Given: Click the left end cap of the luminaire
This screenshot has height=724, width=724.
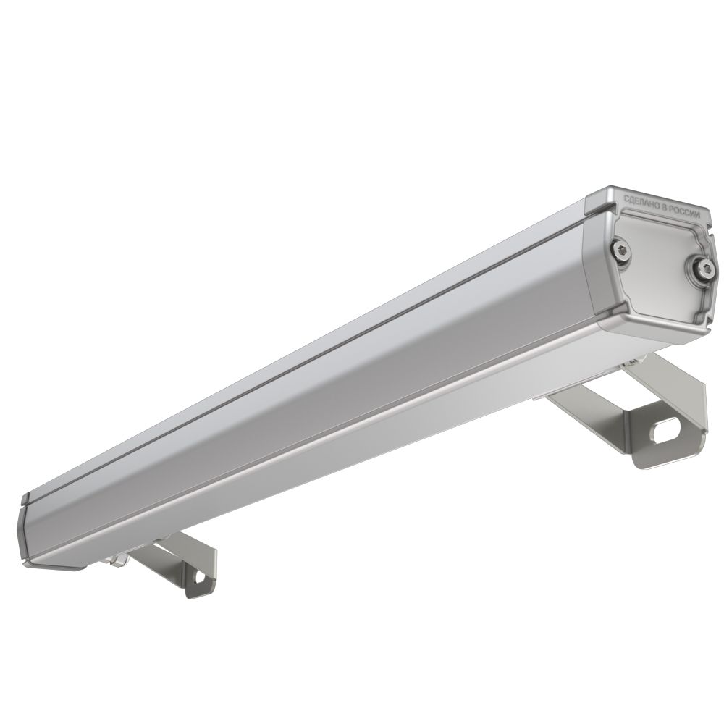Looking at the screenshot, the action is tap(27, 531).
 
